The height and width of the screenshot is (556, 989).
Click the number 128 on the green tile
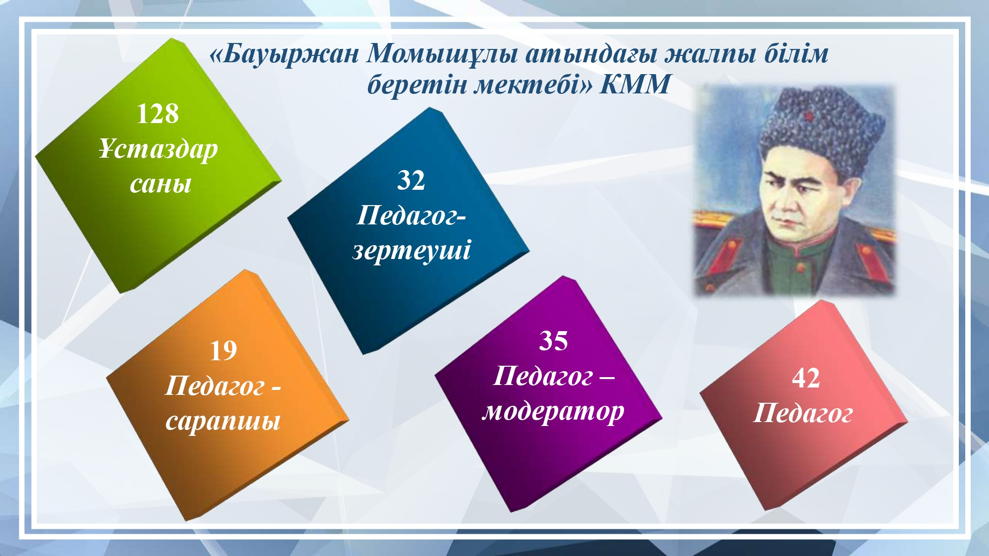coord(157,114)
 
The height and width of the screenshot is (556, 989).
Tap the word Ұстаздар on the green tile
coord(158,149)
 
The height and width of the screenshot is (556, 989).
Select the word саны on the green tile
coord(161,184)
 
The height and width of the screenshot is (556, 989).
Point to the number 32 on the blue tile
coord(411,180)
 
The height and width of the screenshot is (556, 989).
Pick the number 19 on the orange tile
coord(223,351)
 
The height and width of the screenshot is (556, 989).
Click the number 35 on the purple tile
coord(553,341)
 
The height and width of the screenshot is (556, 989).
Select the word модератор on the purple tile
coord(553,412)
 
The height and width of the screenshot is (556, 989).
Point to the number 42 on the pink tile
coord(806,379)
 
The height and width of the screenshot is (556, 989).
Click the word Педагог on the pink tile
coord(803,413)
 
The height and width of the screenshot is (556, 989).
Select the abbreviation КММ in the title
coord(635,84)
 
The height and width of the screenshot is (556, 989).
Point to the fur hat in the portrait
coord(821,128)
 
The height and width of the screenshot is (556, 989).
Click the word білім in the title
coord(797,54)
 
